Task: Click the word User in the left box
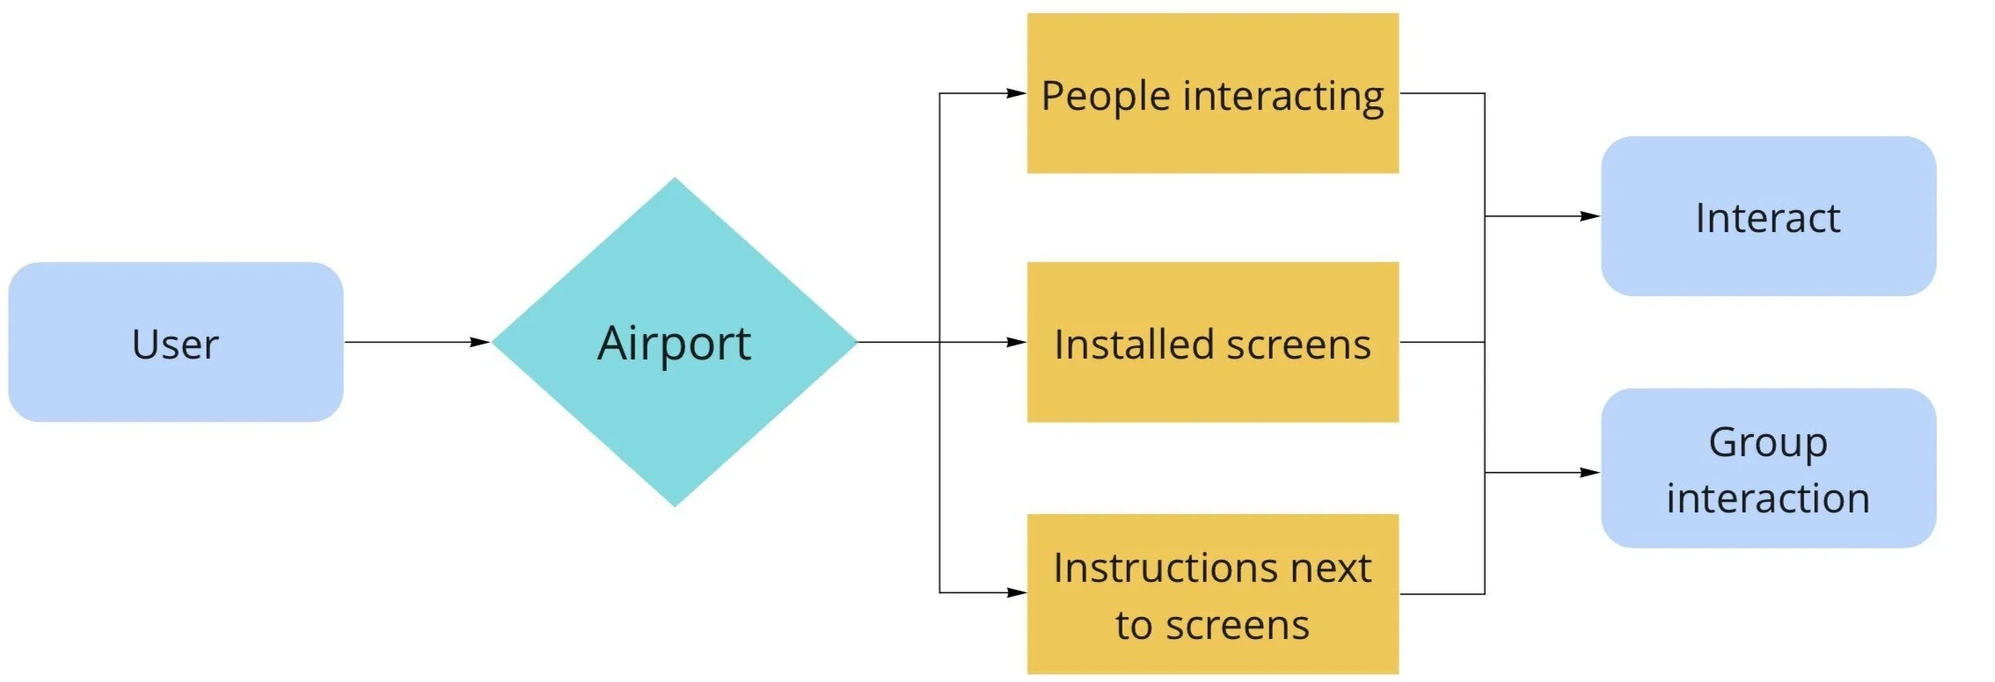click(x=175, y=344)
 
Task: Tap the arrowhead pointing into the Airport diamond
click(x=480, y=342)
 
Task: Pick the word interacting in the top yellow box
click(x=1283, y=96)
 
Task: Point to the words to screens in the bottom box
click(x=1212, y=625)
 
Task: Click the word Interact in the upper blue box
click(x=1767, y=217)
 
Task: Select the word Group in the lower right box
click(x=1768, y=441)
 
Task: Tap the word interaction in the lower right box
click(x=1768, y=498)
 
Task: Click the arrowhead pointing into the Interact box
click(x=1589, y=216)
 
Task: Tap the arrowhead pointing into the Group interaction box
click(x=1589, y=473)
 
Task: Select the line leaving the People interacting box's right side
click(x=1443, y=93)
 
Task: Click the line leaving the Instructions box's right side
click(x=1443, y=594)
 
